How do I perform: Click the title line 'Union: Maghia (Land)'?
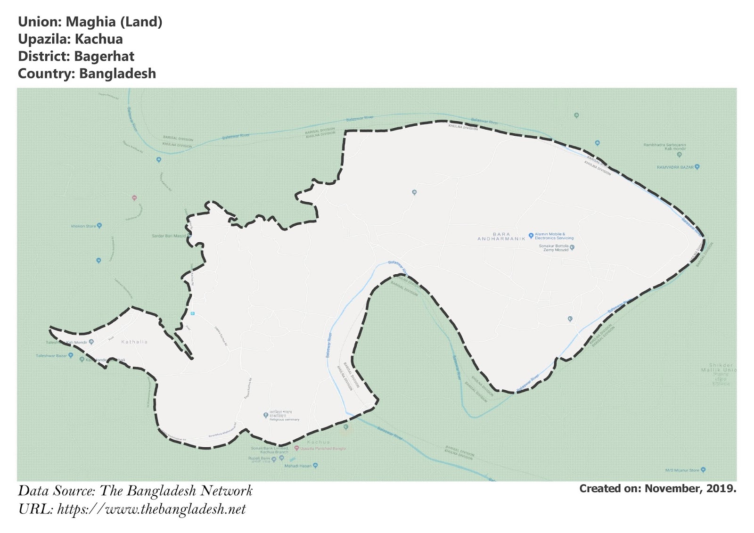(x=90, y=22)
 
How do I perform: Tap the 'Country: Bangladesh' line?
(x=87, y=74)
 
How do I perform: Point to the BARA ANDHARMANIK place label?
(x=501, y=237)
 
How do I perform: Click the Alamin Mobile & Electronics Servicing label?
(x=554, y=236)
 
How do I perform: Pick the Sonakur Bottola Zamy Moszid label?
(x=554, y=248)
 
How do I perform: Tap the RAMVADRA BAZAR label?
(x=675, y=167)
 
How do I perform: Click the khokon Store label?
(x=83, y=226)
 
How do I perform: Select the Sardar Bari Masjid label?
(x=169, y=236)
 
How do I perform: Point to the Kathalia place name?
(x=134, y=342)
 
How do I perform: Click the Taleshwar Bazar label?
(x=51, y=356)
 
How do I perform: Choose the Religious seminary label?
(x=284, y=419)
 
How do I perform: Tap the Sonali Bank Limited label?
(x=270, y=448)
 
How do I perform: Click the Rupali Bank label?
(x=259, y=458)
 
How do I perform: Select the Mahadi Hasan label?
(x=298, y=466)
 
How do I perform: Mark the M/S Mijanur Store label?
(x=682, y=470)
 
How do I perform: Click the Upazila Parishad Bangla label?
(x=323, y=448)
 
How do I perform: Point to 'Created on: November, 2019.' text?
(x=657, y=488)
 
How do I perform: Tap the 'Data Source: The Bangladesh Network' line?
(x=135, y=491)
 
